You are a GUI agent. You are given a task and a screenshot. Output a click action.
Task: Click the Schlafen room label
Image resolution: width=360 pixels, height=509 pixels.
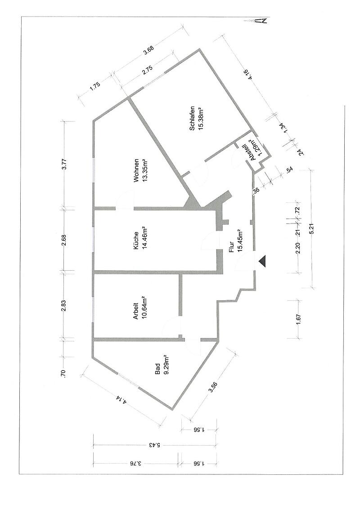click(192, 118)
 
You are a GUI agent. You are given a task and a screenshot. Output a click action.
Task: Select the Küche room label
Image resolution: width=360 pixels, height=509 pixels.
click(136, 241)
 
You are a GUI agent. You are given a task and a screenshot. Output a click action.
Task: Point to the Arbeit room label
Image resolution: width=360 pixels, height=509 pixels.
click(136, 311)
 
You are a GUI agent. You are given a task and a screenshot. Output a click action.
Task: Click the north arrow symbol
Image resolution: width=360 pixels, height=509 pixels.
click(256, 20)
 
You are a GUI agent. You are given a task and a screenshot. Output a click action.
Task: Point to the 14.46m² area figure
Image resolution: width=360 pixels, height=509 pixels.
click(144, 241)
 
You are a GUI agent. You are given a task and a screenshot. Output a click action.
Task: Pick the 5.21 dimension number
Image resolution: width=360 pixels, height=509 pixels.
click(312, 229)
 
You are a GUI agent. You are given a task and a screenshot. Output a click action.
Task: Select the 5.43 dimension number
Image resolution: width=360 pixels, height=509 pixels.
click(154, 446)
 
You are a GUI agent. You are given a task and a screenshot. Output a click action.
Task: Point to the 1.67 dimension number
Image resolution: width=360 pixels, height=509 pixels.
click(299, 320)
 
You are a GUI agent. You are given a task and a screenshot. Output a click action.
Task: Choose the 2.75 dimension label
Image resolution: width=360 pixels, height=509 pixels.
click(148, 71)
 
